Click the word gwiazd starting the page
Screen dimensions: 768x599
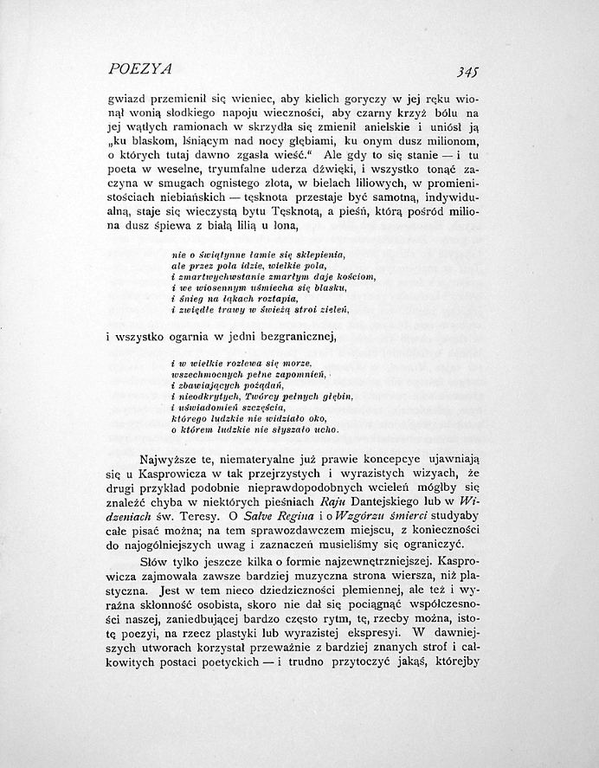[125, 98]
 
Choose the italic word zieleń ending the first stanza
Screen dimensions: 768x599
[332, 309]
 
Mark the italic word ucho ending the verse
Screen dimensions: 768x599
[326, 429]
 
